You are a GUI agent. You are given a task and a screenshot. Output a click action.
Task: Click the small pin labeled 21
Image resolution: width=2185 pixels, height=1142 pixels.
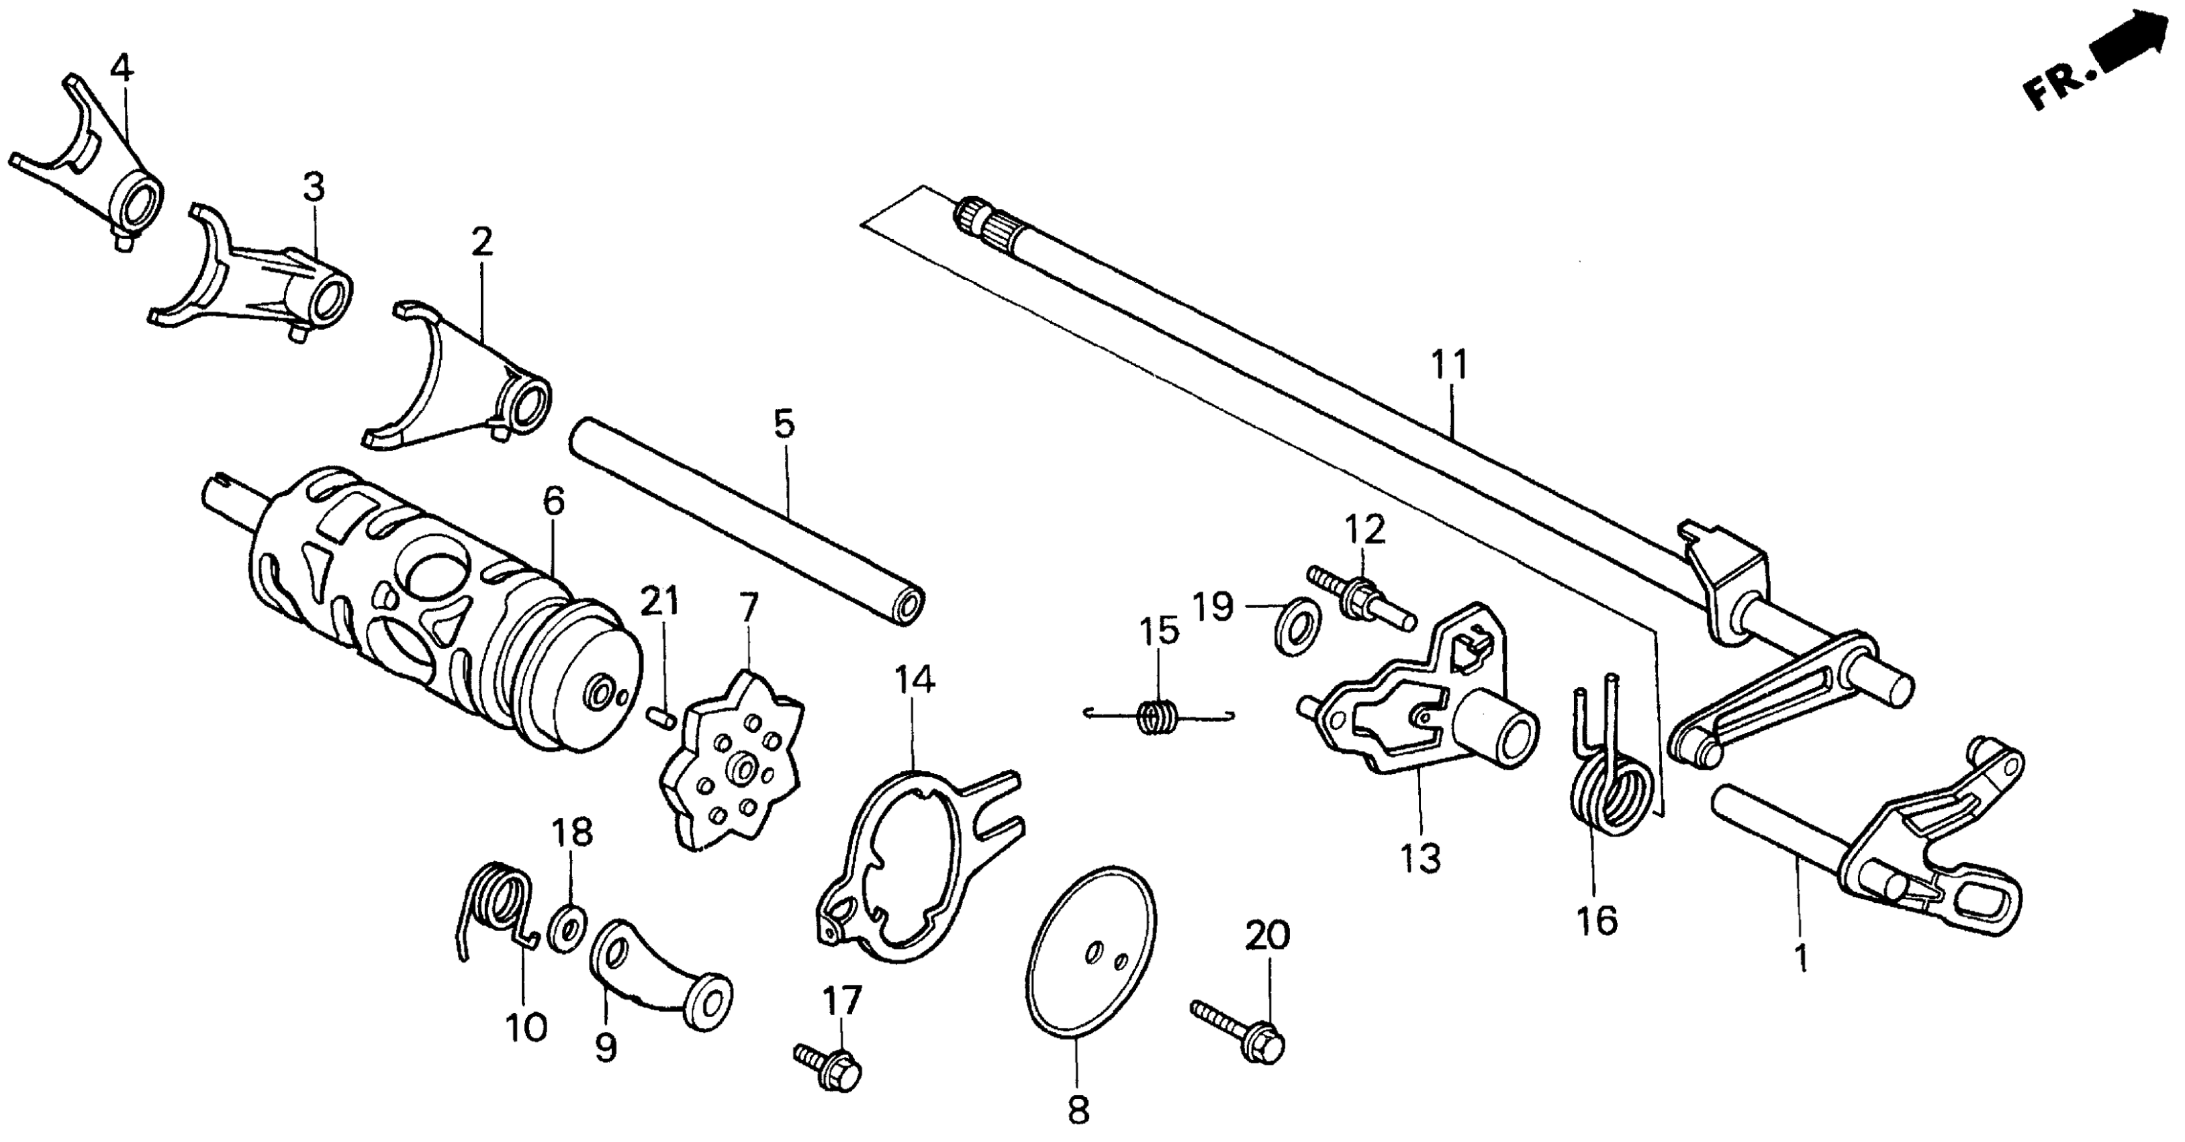(x=660, y=717)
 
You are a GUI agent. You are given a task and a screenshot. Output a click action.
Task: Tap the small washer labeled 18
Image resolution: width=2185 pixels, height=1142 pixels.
(x=567, y=928)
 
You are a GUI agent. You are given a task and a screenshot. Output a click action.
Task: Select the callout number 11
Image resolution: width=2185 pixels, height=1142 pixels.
(x=1449, y=365)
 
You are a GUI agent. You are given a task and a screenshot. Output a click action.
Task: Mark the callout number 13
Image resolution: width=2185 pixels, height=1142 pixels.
(x=1421, y=859)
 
